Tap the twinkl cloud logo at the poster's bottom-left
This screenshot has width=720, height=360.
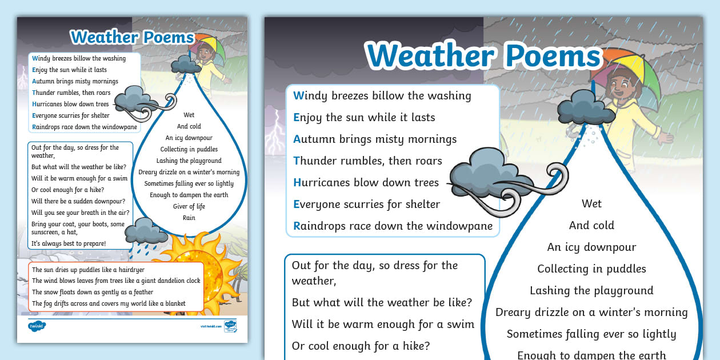pos(37,326)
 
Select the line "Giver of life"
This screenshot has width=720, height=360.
pos(189,206)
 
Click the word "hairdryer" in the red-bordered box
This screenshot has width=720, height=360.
pos(131,270)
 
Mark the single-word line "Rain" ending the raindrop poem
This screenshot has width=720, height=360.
pos(189,218)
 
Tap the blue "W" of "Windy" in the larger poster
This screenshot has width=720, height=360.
pos(299,95)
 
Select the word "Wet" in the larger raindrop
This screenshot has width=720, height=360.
pos(591,203)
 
